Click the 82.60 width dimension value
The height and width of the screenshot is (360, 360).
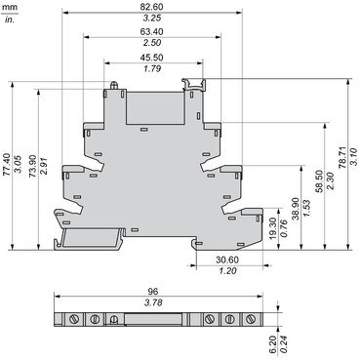click(152, 7)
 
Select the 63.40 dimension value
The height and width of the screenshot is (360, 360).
click(152, 31)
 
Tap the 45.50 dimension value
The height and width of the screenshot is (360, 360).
click(152, 58)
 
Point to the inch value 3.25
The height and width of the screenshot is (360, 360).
click(152, 18)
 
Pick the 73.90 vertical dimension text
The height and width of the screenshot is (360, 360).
click(33, 167)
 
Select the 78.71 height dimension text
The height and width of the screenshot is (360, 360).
click(343, 158)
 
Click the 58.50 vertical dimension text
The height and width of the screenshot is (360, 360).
click(320, 181)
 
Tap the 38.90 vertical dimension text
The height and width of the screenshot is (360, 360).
click(296, 209)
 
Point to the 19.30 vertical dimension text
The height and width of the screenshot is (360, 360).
click(273, 228)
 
